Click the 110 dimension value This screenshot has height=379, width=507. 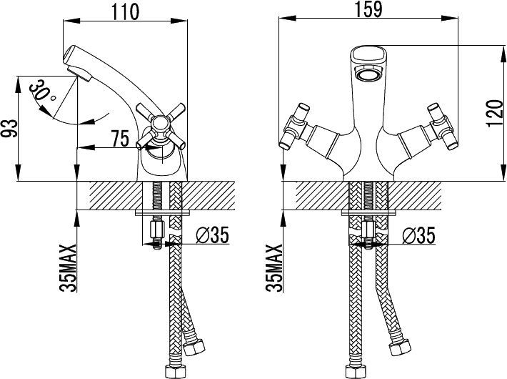[126, 11]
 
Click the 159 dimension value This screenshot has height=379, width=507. [368, 9]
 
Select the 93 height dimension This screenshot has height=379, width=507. [10, 128]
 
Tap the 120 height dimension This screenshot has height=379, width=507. [495, 114]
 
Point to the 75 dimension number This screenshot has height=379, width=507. [120, 138]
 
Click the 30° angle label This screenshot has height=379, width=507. [41, 91]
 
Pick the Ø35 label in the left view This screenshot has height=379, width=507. [212, 235]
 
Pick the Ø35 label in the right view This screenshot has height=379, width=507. [418, 235]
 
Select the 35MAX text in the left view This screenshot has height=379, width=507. [68, 268]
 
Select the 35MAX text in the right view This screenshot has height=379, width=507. [274, 268]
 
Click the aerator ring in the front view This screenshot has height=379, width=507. [368, 72]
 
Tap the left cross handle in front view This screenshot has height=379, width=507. [295, 127]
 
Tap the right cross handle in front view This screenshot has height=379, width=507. [441, 127]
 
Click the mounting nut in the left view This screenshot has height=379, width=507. [157, 230]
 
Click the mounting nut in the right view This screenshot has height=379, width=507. [368, 230]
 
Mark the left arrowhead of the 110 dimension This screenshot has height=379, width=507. [71, 21]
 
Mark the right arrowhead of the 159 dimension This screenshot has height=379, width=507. [450, 18]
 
